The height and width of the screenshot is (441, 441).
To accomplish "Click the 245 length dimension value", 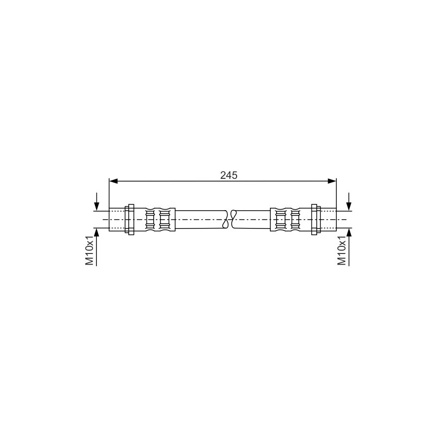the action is tap(228, 175).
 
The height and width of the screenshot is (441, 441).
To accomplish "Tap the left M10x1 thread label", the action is tap(90, 250).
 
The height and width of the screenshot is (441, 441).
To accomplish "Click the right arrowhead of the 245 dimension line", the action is tap(332, 181).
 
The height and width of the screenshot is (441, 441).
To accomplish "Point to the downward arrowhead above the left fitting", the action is tap(96, 206).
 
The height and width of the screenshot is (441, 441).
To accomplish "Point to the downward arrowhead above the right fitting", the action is tap(349, 206).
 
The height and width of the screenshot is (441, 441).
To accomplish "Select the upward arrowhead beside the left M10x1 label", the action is tap(96, 232).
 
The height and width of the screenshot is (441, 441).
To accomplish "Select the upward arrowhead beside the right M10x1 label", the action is tap(349, 232).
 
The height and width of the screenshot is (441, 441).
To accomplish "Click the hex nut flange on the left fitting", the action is tap(130, 219).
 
